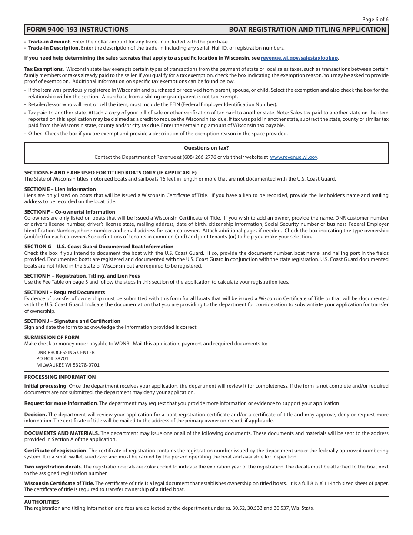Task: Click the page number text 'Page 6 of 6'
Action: click(x=375, y=19)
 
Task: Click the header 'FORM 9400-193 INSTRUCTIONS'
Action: click(x=77, y=30)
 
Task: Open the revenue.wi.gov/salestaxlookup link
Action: click(x=299, y=58)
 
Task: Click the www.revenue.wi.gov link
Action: click(x=293, y=157)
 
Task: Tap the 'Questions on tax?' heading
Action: click(x=206, y=148)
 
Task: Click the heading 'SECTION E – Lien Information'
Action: click(x=60, y=189)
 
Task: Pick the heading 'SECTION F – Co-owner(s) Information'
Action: click(x=70, y=212)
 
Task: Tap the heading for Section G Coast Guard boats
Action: click(x=99, y=247)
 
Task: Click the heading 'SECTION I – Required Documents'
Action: click(x=64, y=292)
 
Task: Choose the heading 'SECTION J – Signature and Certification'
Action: click(x=72, y=321)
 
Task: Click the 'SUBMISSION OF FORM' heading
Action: click(x=52, y=338)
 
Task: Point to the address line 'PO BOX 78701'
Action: click(x=53, y=359)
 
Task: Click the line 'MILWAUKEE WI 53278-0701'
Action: click(x=68, y=365)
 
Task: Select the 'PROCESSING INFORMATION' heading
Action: click(x=60, y=377)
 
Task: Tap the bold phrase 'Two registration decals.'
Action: click(x=53, y=467)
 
